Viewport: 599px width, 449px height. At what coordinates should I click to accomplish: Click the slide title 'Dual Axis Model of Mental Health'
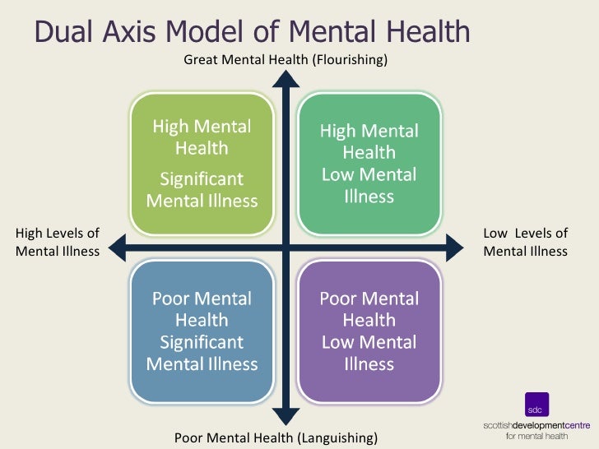pyautogui.click(x=252, y=32)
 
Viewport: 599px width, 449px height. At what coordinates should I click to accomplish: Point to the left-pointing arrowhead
pyautogui.click(x=117, y=245)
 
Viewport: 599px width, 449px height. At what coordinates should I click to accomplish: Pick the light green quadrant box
pyautogui.click(x=202, y=164)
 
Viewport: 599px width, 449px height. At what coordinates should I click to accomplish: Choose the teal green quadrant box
pyautogui.click(x=369, y=164)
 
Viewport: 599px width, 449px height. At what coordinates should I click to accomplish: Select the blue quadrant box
pyautogui.click(x=202, y=331)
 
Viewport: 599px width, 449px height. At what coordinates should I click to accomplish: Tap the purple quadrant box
pyautogui.click(x=369, y=331)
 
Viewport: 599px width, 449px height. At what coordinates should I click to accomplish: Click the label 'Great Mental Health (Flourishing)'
pyautogui.click(x=285, y=59)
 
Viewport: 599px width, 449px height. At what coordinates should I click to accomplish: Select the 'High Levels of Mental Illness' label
pyautogui.click(x=58, y=243)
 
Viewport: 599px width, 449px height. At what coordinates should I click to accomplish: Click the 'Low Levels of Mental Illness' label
pyautogui.click(x=525, y=243)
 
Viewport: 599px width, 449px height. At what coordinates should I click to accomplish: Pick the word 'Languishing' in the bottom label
pyautogui.click(x=339, y=437)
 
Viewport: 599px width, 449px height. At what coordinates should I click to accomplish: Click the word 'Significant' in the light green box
pyautogui.click(x=202, y=179)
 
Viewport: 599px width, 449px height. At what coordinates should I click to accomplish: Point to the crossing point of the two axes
pyautogui.click(x=286, y=245)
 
